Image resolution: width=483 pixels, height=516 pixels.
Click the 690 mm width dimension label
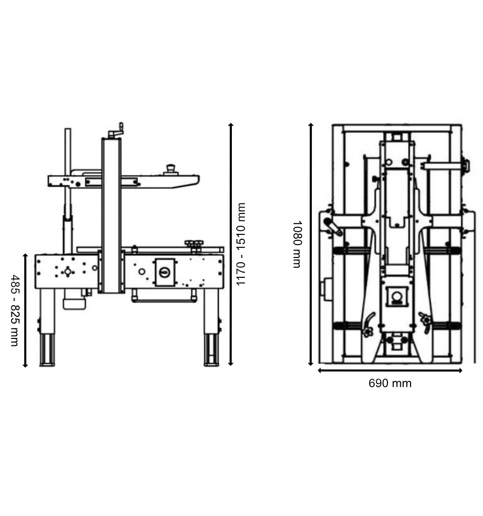(x=390, y=384)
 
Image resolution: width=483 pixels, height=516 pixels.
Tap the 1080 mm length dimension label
(x=297, y=244)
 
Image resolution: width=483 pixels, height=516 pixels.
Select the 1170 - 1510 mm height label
(x=240, y=244)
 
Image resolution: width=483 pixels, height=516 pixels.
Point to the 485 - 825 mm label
(x=15, y=311)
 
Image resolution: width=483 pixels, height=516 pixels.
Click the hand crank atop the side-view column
(x=116, y=131)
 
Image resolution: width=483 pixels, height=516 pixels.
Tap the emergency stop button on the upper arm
(x=171, y=170)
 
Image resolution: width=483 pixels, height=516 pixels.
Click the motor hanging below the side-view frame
(x=75, y=299)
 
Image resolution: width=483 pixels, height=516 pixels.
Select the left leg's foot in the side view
(x=47, y=350)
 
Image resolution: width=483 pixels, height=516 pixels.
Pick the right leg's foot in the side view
(x=211, y=350)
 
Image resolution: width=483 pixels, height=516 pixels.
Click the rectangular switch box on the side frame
(x=165, y=272)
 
